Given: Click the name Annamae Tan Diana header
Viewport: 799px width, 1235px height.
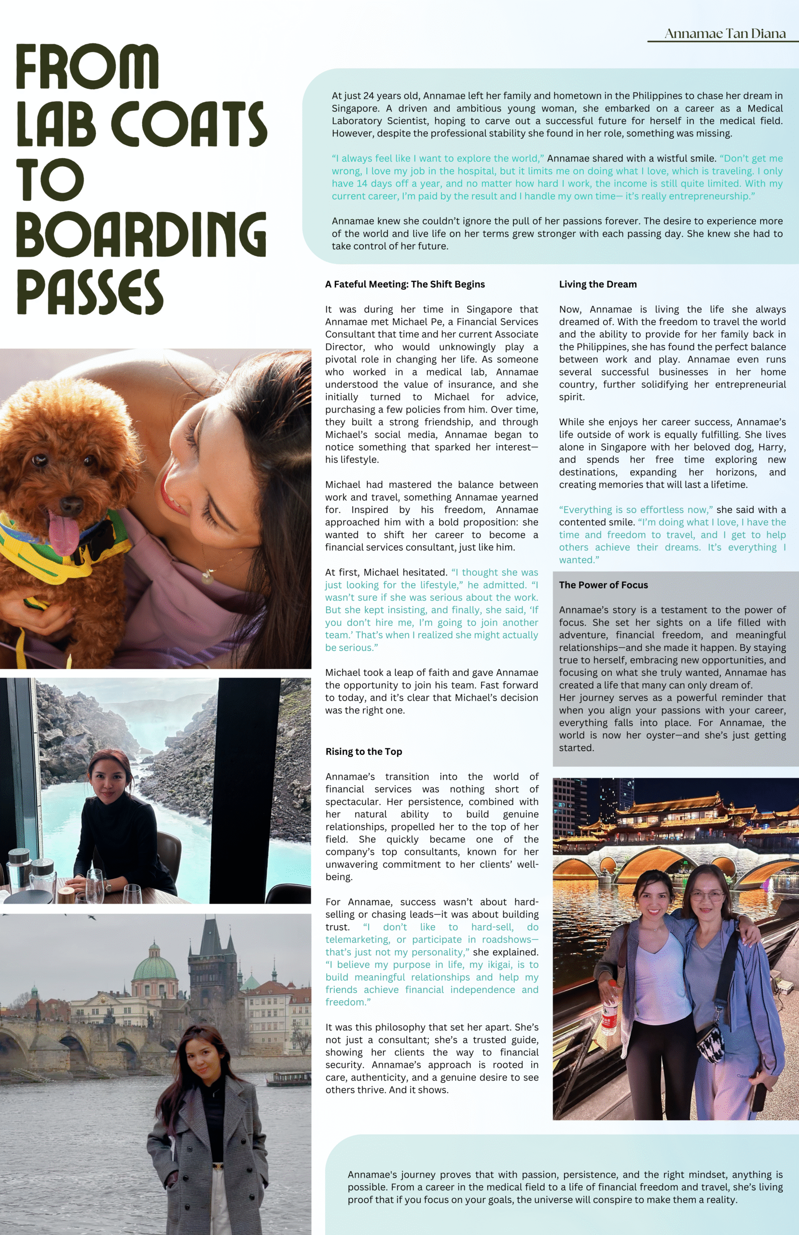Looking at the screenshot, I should pyautogui.click(x=724, y=34).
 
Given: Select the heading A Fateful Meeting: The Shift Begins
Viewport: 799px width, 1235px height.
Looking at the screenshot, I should pyautogui.click(x=405, y=284).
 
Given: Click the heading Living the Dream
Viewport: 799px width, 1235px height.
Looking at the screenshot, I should pyautogui.click(x=598, y=284).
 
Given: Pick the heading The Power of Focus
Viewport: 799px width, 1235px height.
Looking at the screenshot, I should pyautogui.click(x=603, y=585).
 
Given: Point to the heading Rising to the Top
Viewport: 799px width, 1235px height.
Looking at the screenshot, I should pyautogui.click(x=364, y=752).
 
